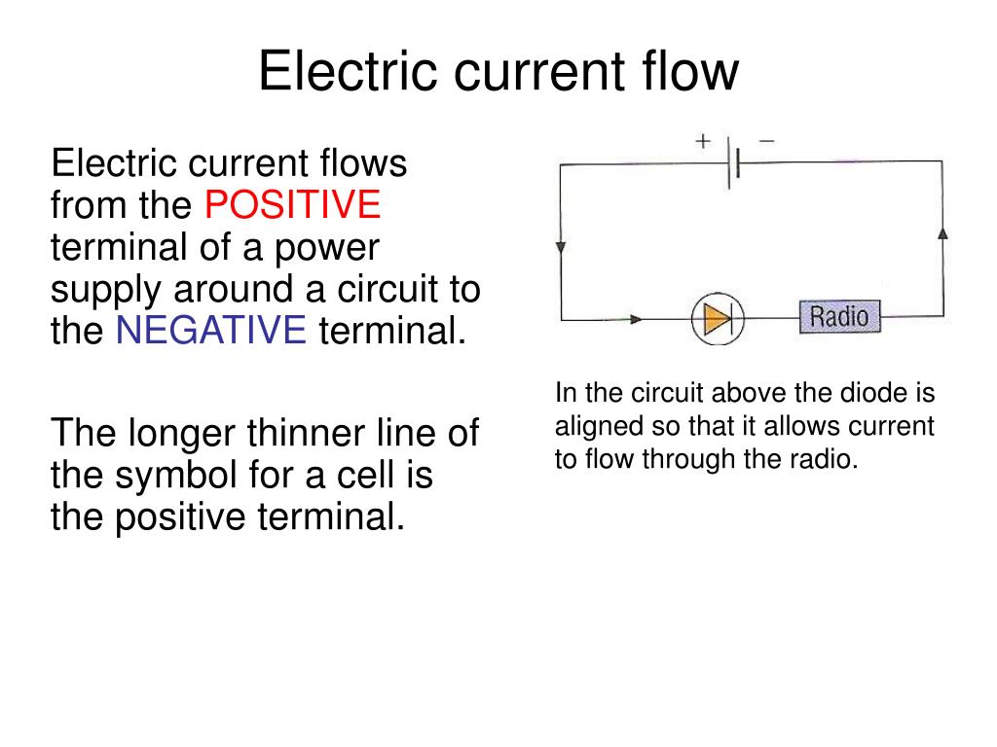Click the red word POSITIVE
click(292, 204)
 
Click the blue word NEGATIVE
click(211, 330)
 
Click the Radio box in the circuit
click(840, 316)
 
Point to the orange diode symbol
click(718, 318)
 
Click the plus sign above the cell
click(703, 140)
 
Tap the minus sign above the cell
click(767, 140)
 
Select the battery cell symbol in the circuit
click(733, 163)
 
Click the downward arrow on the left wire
click(561, 247)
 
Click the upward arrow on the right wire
click(942, 233)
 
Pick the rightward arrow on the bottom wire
click(635, 319)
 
